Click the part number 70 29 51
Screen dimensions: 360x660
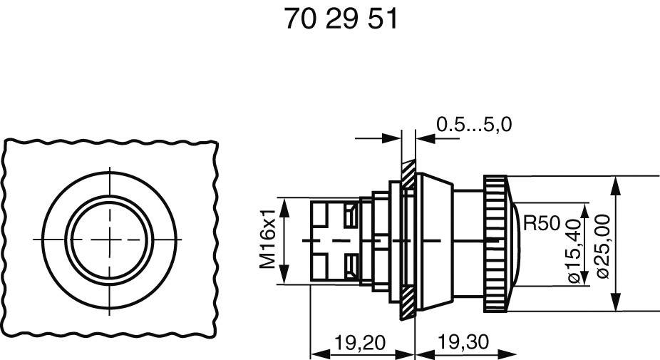(x=340, y=19)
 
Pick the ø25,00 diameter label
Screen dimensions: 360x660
(x=601, y=242)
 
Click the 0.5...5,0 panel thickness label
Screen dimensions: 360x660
(x=473, y=125)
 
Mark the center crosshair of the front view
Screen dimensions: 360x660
(x=110, y=240)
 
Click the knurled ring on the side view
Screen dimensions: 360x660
(x=495, y=242)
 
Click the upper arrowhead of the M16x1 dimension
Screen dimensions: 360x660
(x=284, y=203)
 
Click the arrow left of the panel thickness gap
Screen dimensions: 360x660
(x=393, y=138)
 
